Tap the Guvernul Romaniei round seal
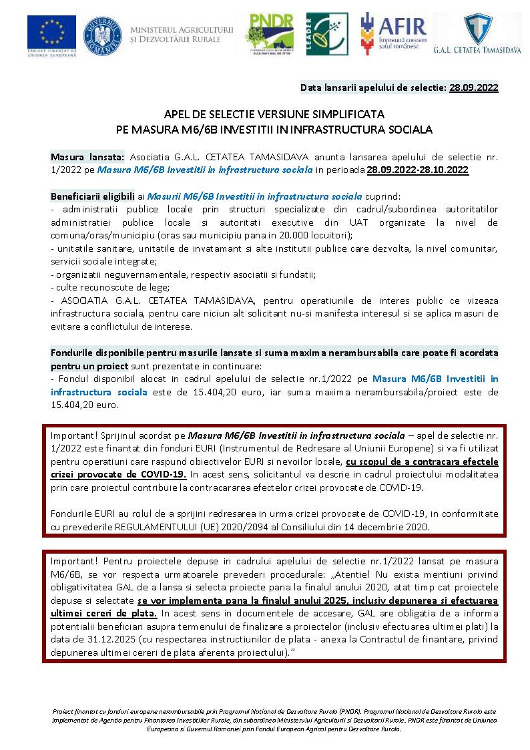(102, 35)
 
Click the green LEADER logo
(327, 34)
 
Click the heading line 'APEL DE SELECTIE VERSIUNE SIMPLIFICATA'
(274, 114)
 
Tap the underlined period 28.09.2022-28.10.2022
(417, 170)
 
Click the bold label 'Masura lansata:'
(87, 156)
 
